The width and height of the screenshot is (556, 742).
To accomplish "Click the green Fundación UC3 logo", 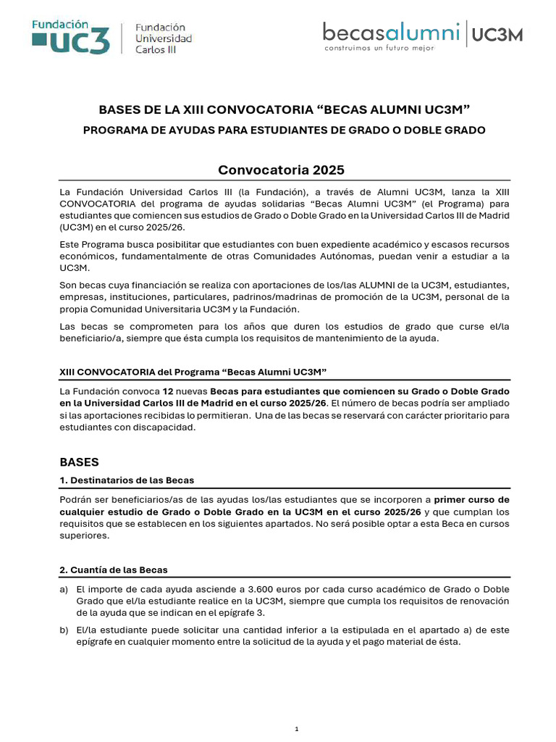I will [72, 36].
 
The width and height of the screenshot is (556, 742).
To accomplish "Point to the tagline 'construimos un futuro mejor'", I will [379, 48].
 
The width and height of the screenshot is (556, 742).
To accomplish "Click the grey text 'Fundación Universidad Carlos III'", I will [164, 38].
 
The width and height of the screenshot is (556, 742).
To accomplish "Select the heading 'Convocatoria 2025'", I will [282, 170].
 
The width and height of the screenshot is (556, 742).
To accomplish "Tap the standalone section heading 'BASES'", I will [79, 462].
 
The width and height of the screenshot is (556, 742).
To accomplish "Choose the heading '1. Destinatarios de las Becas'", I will [126, 480].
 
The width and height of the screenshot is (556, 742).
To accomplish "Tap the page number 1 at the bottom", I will [297, 728].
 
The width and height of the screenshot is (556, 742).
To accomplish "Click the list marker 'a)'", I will [64, 589].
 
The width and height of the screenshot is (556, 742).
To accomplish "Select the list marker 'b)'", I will [64, 630].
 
